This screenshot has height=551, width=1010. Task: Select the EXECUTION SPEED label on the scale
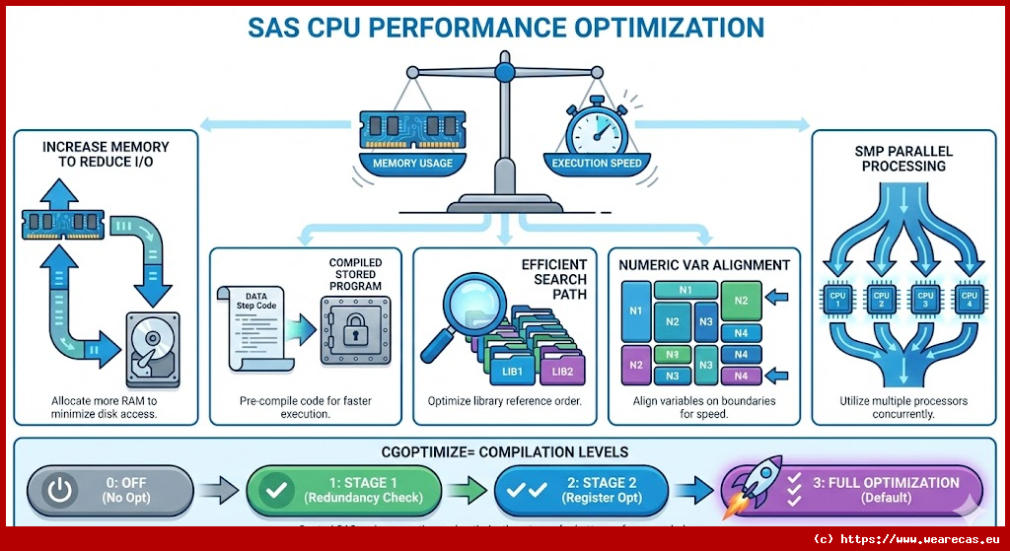pos(597,163)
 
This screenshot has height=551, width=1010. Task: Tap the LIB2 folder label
pos(562,372)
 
